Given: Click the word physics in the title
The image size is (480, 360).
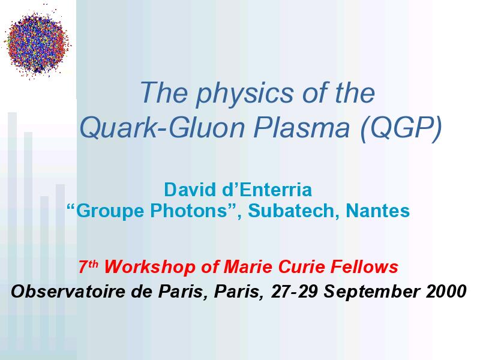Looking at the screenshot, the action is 244,94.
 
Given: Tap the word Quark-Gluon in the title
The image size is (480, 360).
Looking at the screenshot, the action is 162,128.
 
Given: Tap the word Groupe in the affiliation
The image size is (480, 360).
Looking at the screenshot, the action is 106,211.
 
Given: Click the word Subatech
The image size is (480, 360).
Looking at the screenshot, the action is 293,211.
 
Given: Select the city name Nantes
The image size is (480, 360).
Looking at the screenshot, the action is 378,211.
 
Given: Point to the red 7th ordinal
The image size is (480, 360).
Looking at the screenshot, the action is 88,266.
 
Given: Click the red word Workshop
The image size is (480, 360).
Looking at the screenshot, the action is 149,266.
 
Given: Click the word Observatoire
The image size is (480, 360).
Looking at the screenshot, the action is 68,291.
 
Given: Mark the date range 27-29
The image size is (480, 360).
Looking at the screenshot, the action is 294,291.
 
